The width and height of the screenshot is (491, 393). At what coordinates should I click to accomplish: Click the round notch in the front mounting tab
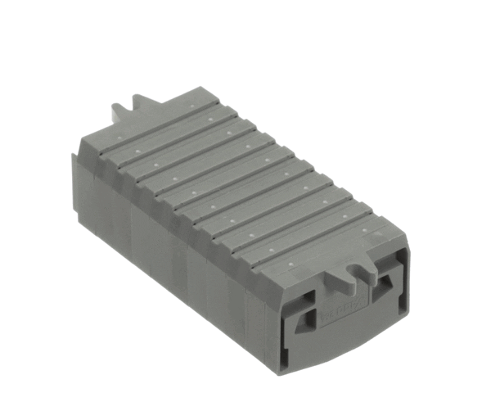click(x=354, y=267)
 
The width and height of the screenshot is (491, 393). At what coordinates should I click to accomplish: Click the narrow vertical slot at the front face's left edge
click(x=282, y=327)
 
